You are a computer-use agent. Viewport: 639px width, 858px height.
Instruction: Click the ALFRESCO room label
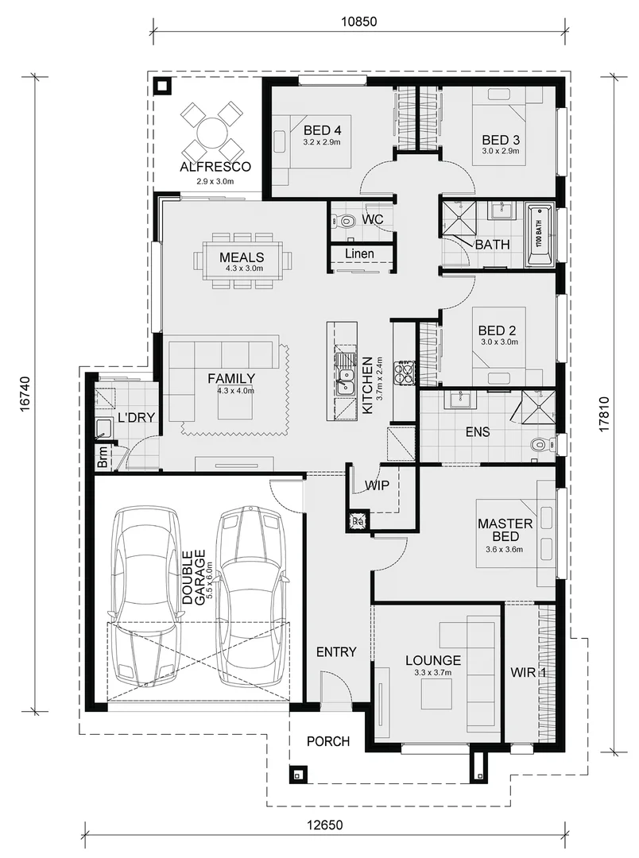(x=215, y=167)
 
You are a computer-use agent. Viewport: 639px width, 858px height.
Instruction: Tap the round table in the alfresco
(x=212, y=132)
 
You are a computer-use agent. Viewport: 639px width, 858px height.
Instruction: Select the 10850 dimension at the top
(x=358, y=22)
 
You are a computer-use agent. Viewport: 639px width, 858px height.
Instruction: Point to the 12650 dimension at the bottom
(x=325, y=825)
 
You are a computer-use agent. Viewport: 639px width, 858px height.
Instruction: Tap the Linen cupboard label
(x=360, y=254)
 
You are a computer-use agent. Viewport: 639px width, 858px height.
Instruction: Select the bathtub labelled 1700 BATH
(x=540, y=235)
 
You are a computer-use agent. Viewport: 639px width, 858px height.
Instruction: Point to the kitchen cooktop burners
(x=406, y=373)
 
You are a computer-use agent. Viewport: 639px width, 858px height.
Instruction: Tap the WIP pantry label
(x=378, y=485)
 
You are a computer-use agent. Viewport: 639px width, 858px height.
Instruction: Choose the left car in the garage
(x=145, y=597)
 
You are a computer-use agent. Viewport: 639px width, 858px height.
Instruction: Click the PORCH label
(x=328, y=741)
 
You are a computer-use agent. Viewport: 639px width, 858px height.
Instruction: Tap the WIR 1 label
(x=529, y=673)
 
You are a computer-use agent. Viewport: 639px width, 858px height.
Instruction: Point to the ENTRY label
(x=336, y=651)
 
